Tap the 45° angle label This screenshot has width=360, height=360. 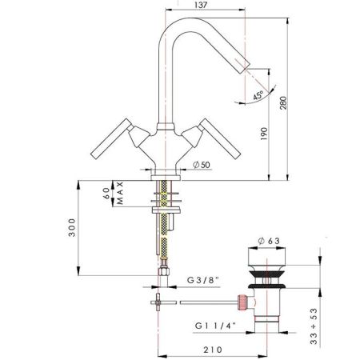[x=258, y=95]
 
